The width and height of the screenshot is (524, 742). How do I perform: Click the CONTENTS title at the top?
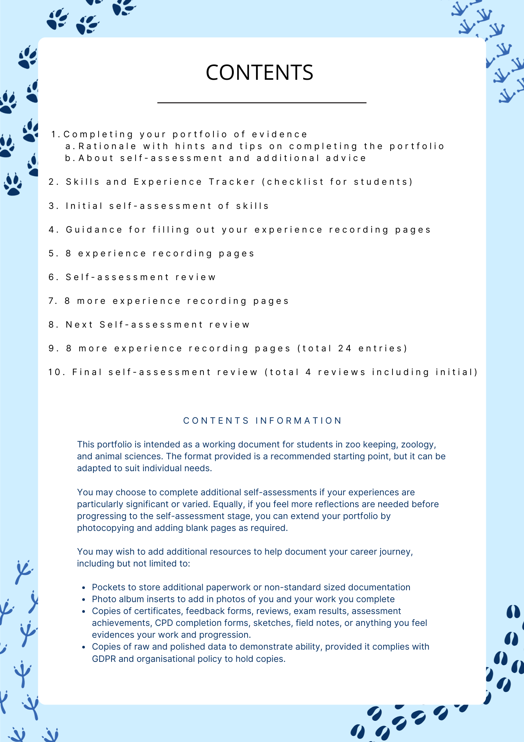point(259,72)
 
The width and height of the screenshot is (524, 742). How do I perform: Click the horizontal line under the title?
point(262,102)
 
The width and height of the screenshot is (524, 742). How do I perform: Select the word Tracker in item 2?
point(232,182)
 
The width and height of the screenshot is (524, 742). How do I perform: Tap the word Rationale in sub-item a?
point(107,146)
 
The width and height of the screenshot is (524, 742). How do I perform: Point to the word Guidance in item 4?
point(94,230)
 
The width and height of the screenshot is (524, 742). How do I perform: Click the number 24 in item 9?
point(345,348)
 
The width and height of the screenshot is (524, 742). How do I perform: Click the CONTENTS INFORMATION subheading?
point(262,421)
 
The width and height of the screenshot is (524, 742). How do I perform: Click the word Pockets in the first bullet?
point(107,587)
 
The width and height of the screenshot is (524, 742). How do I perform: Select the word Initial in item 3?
point(84,206)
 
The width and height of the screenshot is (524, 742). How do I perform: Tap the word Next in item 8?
point(79,325)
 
